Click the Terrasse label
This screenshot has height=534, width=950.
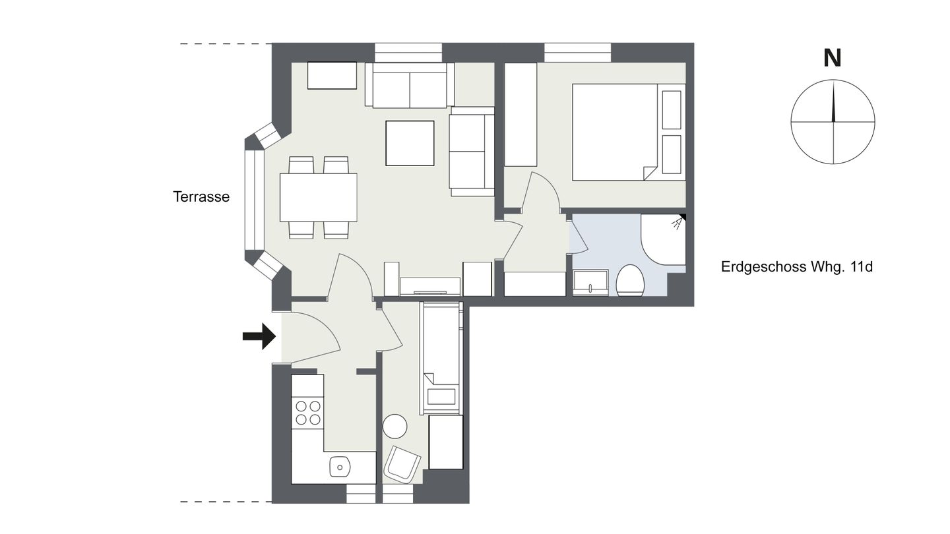(x=201, y=196)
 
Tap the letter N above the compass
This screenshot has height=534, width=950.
(x=832, y=59)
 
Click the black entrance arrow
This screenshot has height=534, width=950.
(x=259, y=336)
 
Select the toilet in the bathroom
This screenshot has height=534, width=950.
(x=630, y=280)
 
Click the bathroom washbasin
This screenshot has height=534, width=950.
(x=590, y=282)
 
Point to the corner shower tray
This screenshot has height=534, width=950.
(x=663, y=240)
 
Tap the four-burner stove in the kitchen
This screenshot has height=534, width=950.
(x=308, y=413)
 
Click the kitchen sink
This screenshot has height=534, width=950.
(x=340, y=467)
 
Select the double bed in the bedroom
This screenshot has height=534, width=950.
(x=629, y=133)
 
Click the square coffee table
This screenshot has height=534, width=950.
(x=410, y=143)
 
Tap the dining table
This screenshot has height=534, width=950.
(x=318, y=198)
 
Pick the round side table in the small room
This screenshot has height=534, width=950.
(x=395, y=426)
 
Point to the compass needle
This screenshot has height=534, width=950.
(x=833, y=102)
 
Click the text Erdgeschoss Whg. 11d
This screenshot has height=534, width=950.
(x=797, y=267)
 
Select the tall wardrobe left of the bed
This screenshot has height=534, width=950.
(x=521, y=115)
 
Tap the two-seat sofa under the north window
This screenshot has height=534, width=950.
(x=410, y=85)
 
